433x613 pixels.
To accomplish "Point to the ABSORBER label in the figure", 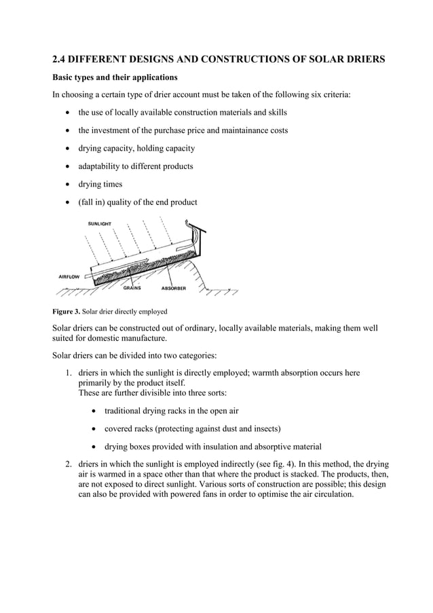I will click(173, 288).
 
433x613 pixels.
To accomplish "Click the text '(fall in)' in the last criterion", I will click(93, 202).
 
